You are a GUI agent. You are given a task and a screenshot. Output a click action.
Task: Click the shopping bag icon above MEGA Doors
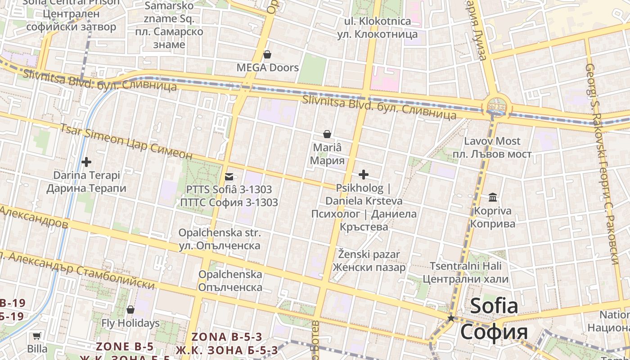coord(267,54)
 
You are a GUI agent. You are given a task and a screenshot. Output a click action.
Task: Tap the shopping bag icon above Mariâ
coord(327,134)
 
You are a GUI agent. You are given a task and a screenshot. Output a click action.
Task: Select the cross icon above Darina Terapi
coord(86,162)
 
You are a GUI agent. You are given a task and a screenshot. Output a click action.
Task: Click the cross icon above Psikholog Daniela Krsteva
coord(364,174)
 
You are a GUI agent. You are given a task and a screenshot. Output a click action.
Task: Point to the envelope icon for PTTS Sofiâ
coord(229,177)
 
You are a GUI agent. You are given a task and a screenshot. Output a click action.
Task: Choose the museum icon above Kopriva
coord(493,197)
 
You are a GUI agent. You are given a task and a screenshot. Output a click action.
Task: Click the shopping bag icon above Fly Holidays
coord(130,310)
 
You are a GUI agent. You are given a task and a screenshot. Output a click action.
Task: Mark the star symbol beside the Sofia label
coord(451,318)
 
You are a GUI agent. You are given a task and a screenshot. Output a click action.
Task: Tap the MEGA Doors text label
coord(268,67)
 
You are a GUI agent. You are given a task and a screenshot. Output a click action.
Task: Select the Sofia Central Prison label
coord(71,14)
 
